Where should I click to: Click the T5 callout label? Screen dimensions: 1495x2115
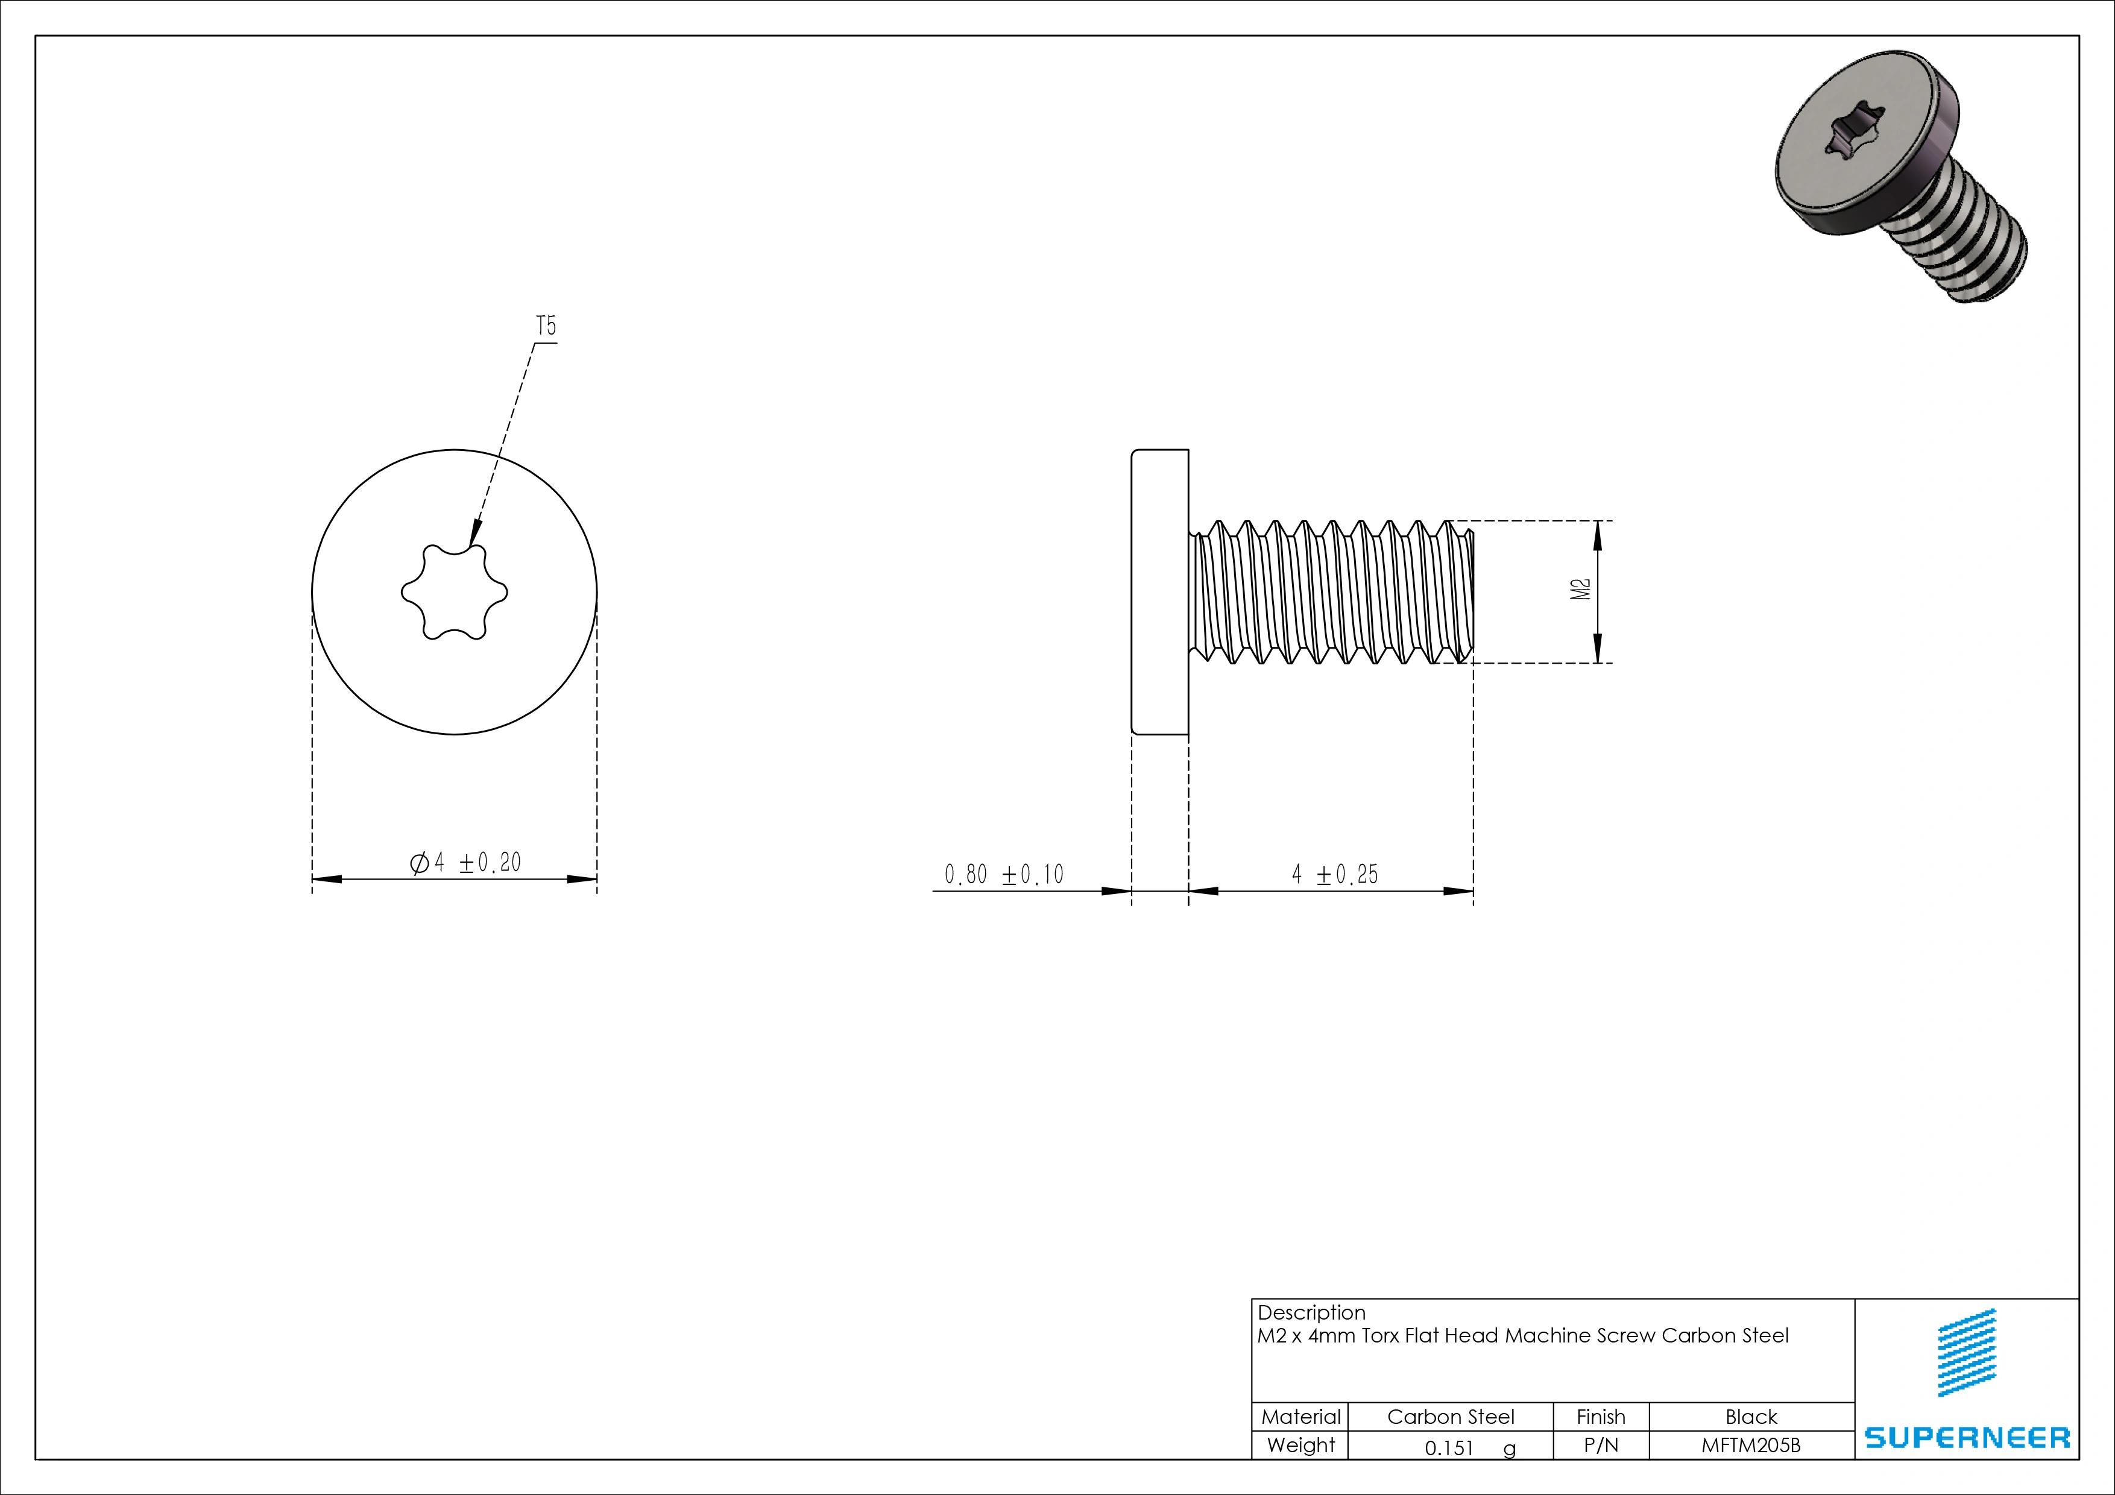click(546, 326)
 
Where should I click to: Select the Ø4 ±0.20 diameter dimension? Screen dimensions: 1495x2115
click(465, 863)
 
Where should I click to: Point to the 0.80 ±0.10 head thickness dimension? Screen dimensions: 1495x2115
click(1003, 874)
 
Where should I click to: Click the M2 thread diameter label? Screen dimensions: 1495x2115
click(1581, 590)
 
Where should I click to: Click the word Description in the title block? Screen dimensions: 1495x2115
click(1311, 1312)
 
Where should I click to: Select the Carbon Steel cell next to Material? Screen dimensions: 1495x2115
click(1450, 1417)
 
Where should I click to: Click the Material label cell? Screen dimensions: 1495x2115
click(1300, 1417)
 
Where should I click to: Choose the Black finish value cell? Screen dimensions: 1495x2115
click(1750, 1417)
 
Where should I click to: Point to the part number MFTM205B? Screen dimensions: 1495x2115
click(1750, 1445)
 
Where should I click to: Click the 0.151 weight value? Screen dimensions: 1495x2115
click(1449, 1447)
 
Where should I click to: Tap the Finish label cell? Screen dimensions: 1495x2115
click(1600, 1417)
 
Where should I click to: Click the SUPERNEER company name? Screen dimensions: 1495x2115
click(1967, 1437)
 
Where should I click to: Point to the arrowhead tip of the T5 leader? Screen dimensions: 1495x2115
click(471, 547)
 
